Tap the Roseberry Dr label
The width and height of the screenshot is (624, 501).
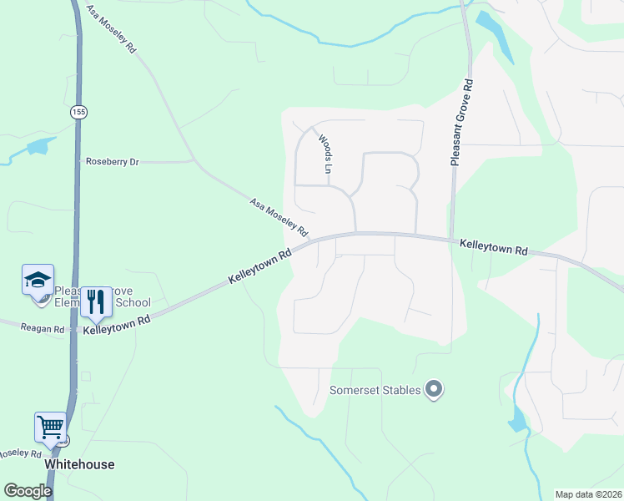[112, 162]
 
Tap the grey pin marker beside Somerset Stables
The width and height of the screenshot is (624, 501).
[433, 389]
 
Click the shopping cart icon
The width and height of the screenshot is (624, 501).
[50, 428]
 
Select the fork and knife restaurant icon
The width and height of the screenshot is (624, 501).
[97, 301]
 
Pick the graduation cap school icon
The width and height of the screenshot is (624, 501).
[38, 280]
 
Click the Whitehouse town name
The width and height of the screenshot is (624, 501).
[79, 464]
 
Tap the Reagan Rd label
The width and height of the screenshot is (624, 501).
[43, 330]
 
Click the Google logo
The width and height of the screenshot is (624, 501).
[28, 491]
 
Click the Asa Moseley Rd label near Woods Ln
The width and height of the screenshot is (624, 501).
[279, 216]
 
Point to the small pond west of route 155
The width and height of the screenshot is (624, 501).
[38, 147]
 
